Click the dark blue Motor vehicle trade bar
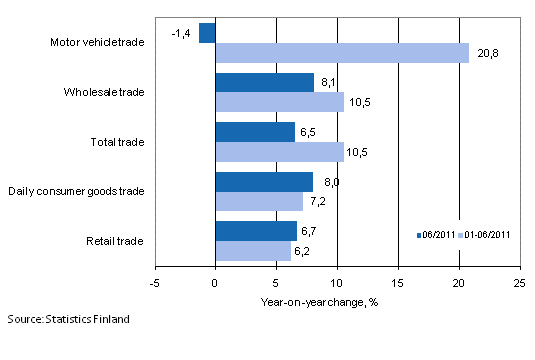click(x=207, y=33)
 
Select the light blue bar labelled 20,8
click(x=342, y=53)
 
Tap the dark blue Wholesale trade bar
click(x=265, y=82)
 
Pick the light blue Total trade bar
click(x=279, y=151)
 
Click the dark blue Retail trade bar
click(x=256, y=231)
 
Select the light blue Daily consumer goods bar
click(x=259, y=201)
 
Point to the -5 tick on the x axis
click(x=155, y=283)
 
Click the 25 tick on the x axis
click(x=520, y=283)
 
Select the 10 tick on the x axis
click(x=337, y=283)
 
